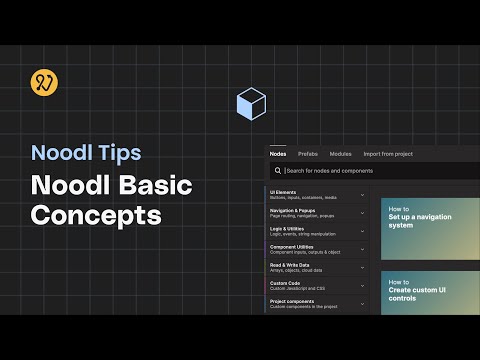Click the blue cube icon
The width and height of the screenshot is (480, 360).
(251, 105)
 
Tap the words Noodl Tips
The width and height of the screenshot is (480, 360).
(86, 153)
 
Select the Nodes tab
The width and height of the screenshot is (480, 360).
(278, 154)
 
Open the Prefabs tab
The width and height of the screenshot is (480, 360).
(308, 154)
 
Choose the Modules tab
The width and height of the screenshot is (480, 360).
(341, 154)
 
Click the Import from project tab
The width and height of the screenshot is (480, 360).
(389, 154)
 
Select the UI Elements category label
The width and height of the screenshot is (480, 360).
(284, 191)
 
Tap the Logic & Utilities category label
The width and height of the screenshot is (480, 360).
(290, 228)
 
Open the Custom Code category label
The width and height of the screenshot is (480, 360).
(286, 283)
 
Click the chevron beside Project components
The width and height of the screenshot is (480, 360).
(362, 304)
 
